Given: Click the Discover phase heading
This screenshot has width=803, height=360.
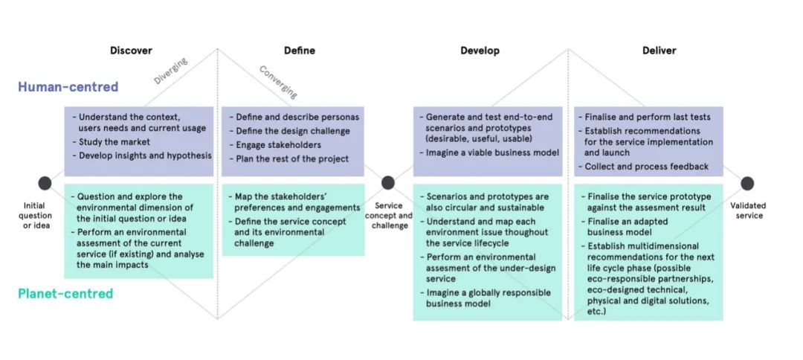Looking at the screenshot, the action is pyautogui.click(x=131, y=50).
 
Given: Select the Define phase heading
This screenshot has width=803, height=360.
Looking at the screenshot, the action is pyautogui.click(x=300, y=50).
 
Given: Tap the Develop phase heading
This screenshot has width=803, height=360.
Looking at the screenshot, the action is pyautogui.click(x=480, y=51).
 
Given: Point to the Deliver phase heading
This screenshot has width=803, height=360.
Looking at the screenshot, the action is pyautogui.click(x=659, y=50).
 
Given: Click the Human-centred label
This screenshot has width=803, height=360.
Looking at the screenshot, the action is pyautogui.click(x=68, y=86).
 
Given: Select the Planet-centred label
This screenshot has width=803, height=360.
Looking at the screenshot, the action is pyautogui.click(x=65, y=293).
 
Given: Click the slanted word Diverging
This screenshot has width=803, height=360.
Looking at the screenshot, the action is pyautogui.click(x=170, y=71).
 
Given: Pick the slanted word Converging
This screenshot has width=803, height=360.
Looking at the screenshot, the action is pyautogui.click(x=278, y=82).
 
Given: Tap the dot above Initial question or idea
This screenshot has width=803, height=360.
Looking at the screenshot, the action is pyautogui.click(x=45, y=183).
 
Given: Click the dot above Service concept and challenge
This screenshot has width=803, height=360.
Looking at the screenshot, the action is pyautogui.click(x=388, y=182).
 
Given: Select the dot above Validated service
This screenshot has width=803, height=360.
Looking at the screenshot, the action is pyautogui.click(x=747, y=183).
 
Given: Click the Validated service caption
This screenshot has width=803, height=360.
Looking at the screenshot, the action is pyautogui.click(x=748, y=210).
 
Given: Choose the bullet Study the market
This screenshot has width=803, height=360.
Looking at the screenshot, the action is pyautogui.click(x=111, y=142).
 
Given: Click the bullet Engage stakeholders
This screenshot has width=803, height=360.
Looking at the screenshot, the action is pyautogui.click(x=275, y=145).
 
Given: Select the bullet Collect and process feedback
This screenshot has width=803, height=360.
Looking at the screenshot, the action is pyautogui.click(x=643, y=167).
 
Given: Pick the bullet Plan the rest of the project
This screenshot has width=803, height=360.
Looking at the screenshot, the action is pyautogui.click(x=288, y=158).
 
